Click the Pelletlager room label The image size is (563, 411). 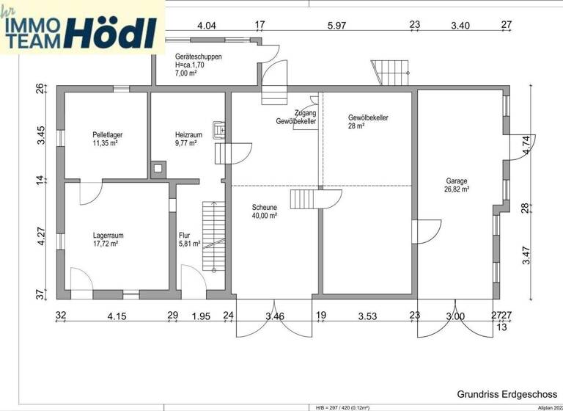click(107, 134)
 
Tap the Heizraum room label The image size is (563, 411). click(188, 134)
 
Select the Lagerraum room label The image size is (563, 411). click(107, 235)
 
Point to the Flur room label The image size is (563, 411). click(185, 235)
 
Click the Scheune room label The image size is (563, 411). click(264, 207)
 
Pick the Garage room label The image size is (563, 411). click(456, 181)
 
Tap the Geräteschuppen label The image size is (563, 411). click(199, 57)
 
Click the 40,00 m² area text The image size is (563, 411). click(264, 216)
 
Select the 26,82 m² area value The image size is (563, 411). click(456, 189)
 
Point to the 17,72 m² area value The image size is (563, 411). click(106, 244)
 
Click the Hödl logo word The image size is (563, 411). click(111, 32)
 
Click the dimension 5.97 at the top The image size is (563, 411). click(336, 26)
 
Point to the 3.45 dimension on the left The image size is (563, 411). click(42, 137)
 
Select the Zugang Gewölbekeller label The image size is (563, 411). click(296, 117)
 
